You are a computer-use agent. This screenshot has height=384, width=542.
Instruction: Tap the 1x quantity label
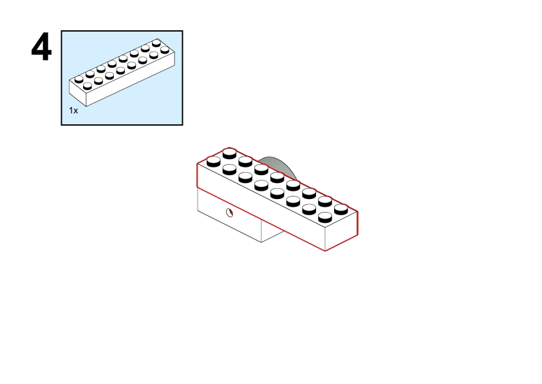click(x=73, y=110)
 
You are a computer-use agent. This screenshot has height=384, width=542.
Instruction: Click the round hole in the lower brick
click(x=230, y=213)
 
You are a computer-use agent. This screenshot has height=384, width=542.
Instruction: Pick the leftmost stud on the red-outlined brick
click(x=214, y=161)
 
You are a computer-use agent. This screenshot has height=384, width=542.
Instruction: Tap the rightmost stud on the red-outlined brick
click(x=341, y=209)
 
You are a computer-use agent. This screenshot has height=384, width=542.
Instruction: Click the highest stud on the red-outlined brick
click(x=230, y=153)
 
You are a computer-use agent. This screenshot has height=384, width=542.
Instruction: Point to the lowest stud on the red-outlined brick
click(x=325, y=217)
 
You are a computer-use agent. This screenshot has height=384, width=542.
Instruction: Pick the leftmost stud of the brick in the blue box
click(x=79, y=79)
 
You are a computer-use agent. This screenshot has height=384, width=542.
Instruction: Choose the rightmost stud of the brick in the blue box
click(x=165, y=50)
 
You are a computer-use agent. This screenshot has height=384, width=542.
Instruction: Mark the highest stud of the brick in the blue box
click(x=156, y=43)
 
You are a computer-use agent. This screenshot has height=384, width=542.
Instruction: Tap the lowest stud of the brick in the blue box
click(x=88, y=86)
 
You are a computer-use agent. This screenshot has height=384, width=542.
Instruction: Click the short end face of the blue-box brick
click(x=78, y=93)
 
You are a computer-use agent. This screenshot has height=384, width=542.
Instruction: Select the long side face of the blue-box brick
click(x=130, y=79)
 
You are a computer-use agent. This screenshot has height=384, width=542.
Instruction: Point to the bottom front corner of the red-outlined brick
click(x=325, y=250)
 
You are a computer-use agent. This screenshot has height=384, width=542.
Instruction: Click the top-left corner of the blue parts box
click(x=62, y=31)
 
